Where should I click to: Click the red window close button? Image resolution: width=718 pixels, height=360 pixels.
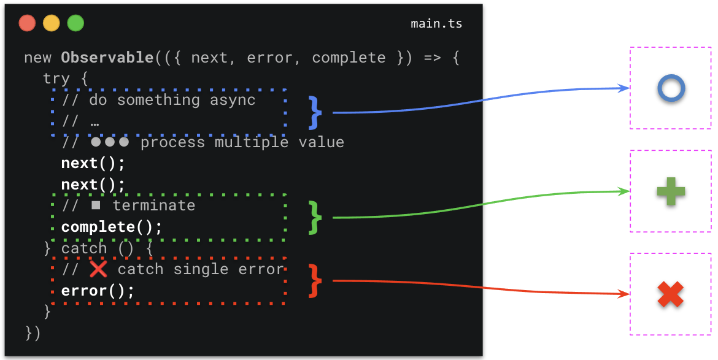(27, 23)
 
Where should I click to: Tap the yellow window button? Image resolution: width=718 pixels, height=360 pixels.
(52, 23)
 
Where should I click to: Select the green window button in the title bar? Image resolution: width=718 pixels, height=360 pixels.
(75, 23)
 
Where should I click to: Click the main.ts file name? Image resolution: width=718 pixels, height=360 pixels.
(436, 24)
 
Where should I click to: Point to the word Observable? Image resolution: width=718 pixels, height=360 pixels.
(107, 58)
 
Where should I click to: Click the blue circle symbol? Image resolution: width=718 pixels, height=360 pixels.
(671, 89)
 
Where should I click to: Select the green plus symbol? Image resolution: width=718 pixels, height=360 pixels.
(671, 192)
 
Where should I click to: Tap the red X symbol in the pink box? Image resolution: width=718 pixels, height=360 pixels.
(670, 294)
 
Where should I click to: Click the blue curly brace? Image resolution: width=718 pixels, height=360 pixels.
(315, 112)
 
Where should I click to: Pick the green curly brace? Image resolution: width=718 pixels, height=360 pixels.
(315, 217)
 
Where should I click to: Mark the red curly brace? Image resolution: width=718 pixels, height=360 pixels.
(315, 281)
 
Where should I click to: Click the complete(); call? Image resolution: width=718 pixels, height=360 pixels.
(112, 227)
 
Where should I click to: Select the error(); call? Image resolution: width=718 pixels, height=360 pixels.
(98, 291)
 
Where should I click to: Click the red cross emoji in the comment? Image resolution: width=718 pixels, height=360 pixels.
(98, 269)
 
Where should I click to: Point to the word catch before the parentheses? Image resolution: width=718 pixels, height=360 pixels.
(84, 248)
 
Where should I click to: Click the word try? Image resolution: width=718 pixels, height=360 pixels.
(56, 79)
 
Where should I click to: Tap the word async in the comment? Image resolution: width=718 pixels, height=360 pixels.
(232, 100)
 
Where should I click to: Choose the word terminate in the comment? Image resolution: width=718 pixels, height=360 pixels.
(153, 205)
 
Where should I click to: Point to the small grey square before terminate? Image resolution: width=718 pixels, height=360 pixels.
(96, 205)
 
